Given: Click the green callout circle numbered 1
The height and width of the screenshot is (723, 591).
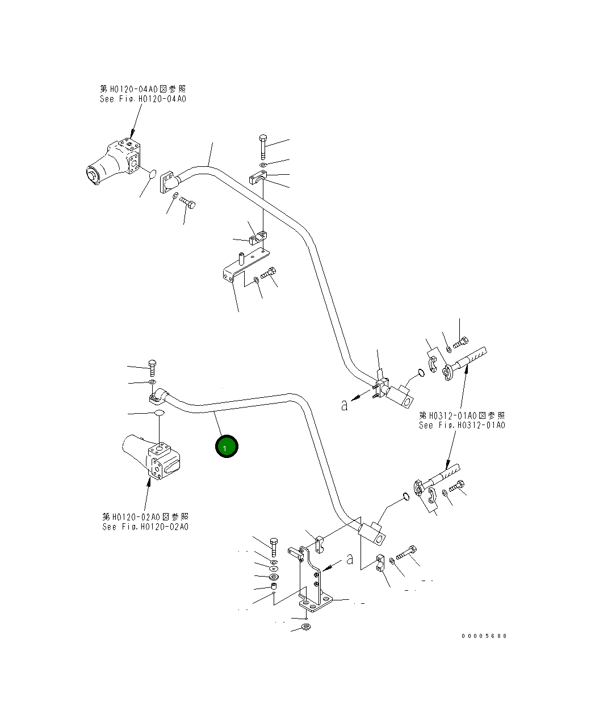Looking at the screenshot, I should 227,447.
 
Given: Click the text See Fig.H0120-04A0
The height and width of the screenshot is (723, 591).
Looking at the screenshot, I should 142,99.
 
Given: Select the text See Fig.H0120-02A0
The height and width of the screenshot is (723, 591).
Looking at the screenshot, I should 145,527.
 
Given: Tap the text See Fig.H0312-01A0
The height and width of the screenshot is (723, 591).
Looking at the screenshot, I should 462,425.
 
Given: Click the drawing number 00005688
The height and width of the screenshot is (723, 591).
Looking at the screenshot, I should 484,636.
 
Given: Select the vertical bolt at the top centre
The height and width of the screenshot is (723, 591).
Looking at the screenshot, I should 263,145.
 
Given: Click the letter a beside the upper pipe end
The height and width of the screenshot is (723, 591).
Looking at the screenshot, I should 343,405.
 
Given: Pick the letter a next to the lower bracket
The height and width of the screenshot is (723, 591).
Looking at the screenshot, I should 350,558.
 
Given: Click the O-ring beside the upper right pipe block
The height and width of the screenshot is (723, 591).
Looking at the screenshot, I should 420,373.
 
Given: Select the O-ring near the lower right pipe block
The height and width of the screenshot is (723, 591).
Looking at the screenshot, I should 405,497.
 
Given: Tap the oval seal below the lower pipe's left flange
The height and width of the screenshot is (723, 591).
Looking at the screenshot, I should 160,413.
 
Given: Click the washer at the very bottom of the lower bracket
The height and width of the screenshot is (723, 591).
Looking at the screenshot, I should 305,627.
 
